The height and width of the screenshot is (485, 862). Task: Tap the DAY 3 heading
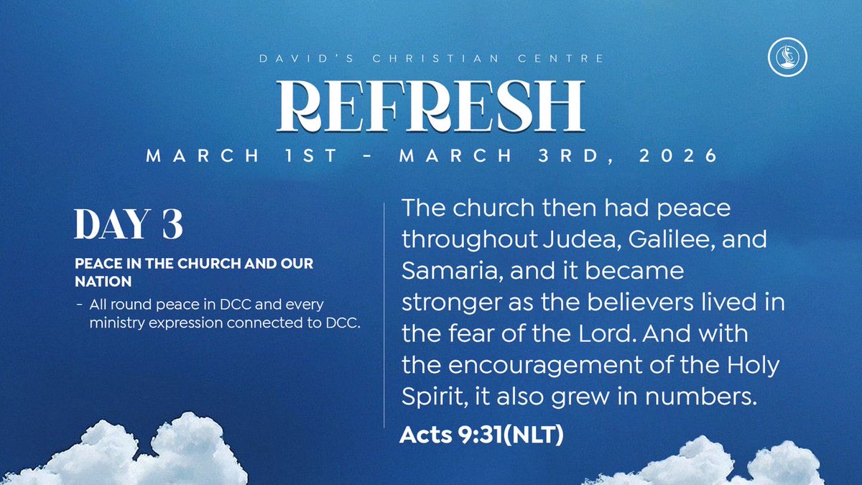129,225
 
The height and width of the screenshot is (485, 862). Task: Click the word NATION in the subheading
101,278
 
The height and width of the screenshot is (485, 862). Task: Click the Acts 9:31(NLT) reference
481,435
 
